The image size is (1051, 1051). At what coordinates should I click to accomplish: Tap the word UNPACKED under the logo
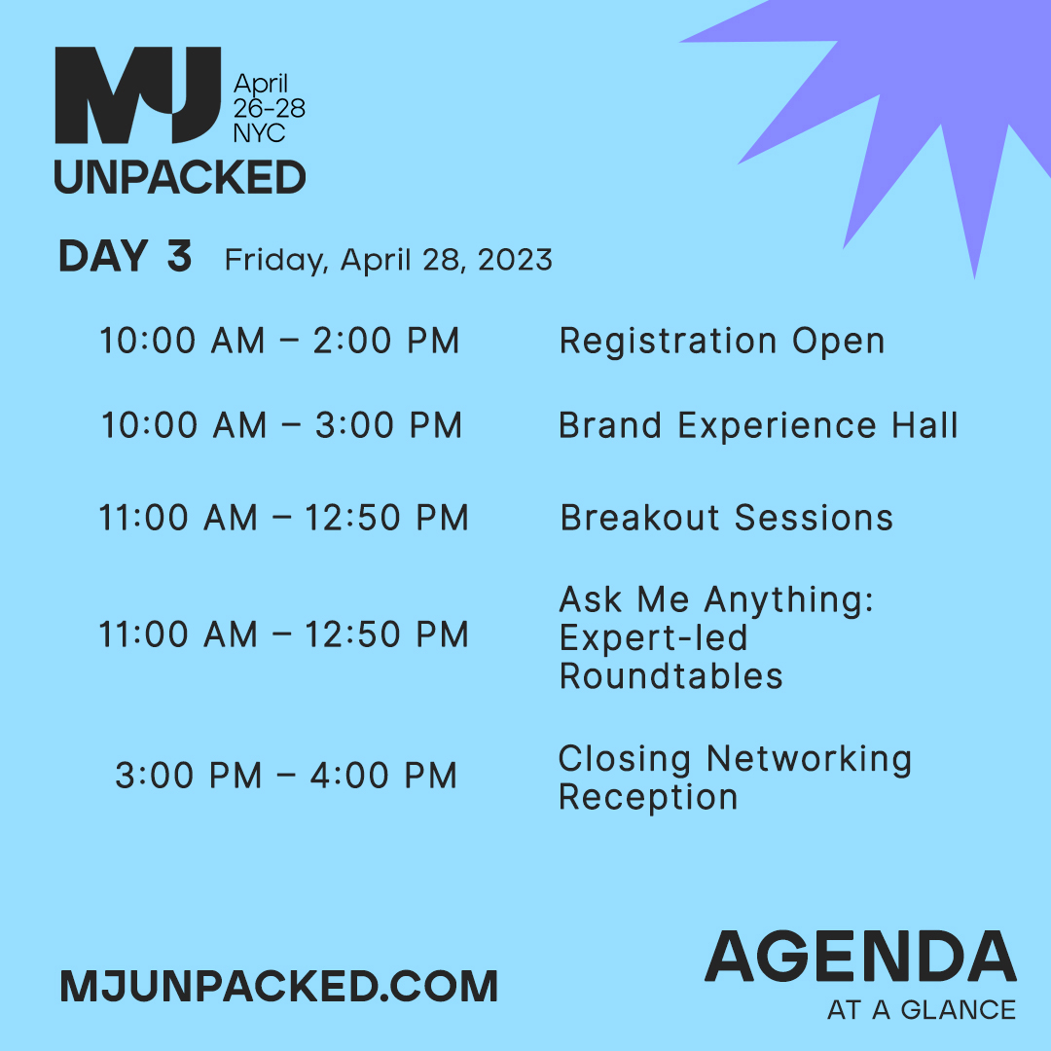click(180, 177)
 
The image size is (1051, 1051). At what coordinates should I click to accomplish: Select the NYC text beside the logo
click(259, 131)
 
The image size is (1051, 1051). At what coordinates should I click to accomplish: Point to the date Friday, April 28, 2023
click(388, 260)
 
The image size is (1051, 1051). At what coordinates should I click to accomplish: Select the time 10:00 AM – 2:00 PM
click(279, 342)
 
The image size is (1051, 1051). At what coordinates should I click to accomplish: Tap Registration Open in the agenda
click(722, 342)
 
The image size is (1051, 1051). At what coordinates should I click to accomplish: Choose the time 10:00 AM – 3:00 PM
click(281, 426)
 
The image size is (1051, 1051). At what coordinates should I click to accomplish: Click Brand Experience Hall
click(758, 426)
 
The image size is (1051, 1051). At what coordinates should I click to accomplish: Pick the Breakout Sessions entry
click(727, 518)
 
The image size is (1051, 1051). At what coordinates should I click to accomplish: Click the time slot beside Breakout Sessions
click(283, 518)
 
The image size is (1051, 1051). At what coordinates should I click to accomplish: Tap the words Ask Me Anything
click(716, 600)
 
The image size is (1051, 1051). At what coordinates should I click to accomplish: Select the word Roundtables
click(670, 676)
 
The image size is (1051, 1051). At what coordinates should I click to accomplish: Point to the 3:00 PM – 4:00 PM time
click(286, 777)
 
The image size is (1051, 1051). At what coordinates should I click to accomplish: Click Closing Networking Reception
click(735, 778)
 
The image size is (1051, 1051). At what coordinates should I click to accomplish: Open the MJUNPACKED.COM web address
click(278, 987)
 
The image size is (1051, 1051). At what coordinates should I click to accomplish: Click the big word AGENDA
click(860, 958)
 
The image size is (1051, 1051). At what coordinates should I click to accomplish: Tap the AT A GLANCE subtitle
click(921, 1010)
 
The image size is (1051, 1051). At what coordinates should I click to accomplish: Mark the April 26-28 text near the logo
click(269, 95)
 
